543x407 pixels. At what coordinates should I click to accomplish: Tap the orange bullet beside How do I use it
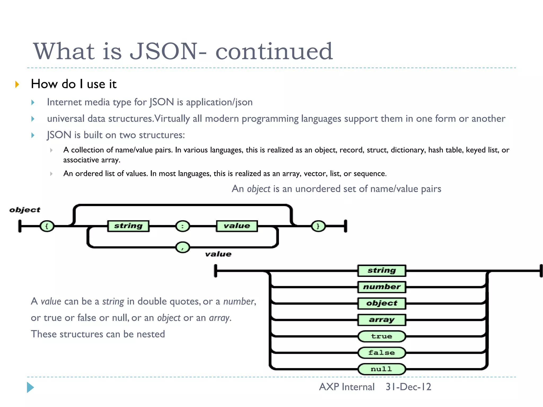tap(17, 85)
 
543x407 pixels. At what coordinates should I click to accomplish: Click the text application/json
tap(219, 102)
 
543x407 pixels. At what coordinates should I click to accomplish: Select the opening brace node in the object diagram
tap(47, 226)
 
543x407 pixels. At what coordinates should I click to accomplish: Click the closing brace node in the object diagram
tap(318, 226)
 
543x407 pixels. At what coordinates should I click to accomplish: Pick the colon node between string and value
tap(182, 226)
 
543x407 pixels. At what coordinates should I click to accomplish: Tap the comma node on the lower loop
tap(182, 247)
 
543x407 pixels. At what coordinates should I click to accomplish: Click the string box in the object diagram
tap(128, 226)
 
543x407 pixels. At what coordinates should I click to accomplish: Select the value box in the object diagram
tap(237, 226)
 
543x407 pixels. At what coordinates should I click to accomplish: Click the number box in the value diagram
tap(382, 287)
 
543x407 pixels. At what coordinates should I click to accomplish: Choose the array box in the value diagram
tap(382, 320)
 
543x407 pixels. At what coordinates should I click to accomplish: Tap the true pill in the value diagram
tap(382, 337)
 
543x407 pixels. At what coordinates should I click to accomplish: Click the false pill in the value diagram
tap(382, 353)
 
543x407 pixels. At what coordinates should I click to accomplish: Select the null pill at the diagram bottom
tap(382, 369)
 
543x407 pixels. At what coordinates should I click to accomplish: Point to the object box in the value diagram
tap(382, 303)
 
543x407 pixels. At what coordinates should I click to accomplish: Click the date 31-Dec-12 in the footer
tap(408, 387)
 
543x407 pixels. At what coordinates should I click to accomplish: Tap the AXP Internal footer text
tap(347, 387)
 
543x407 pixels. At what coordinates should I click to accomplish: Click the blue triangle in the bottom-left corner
tap(30, 387)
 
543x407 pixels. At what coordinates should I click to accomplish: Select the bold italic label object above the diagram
tap(25, 210)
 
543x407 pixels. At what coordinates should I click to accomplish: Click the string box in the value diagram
tap(382, 271)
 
